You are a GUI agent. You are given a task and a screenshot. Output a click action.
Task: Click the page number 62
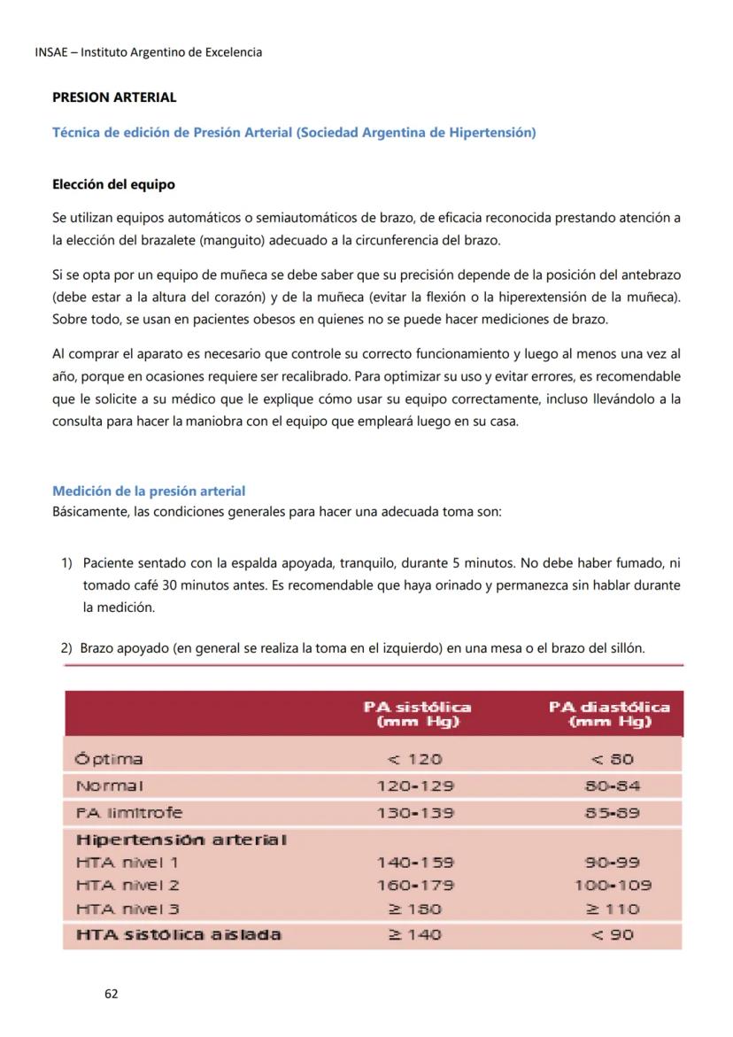[111, 994]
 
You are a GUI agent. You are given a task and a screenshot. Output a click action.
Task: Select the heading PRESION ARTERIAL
[114, 97]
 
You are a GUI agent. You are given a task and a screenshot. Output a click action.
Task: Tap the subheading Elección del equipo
[113, 185]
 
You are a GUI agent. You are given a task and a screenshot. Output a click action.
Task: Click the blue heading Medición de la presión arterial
[149, 491]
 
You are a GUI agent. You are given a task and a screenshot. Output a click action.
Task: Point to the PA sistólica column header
[417, 714]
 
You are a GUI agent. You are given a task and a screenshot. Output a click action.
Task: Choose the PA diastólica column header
[609, 714]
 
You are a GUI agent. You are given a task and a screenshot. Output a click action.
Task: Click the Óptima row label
[110, 759]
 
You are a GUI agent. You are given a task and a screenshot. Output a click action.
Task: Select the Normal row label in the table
[110, 785]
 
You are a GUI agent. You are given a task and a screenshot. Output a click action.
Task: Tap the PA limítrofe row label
[129, 812]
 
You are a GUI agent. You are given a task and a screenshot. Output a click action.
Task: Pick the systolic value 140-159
[415, 862]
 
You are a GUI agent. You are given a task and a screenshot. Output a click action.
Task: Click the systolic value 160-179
[415, 885]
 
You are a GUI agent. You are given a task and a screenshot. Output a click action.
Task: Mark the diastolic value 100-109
[613, 885]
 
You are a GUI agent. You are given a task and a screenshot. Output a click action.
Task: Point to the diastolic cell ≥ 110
[613, 909]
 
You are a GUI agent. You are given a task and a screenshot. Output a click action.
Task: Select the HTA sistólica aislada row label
[178, 934]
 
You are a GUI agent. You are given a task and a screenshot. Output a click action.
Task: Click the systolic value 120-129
[415, 785]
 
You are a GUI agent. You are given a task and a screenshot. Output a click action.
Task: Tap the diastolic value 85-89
[613, 812]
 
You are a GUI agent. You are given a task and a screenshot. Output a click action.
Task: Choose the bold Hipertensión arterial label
[181, 839]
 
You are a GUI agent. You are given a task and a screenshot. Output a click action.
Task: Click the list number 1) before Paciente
[66, 563]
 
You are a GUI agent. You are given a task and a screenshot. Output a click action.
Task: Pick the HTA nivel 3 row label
[127, 909]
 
